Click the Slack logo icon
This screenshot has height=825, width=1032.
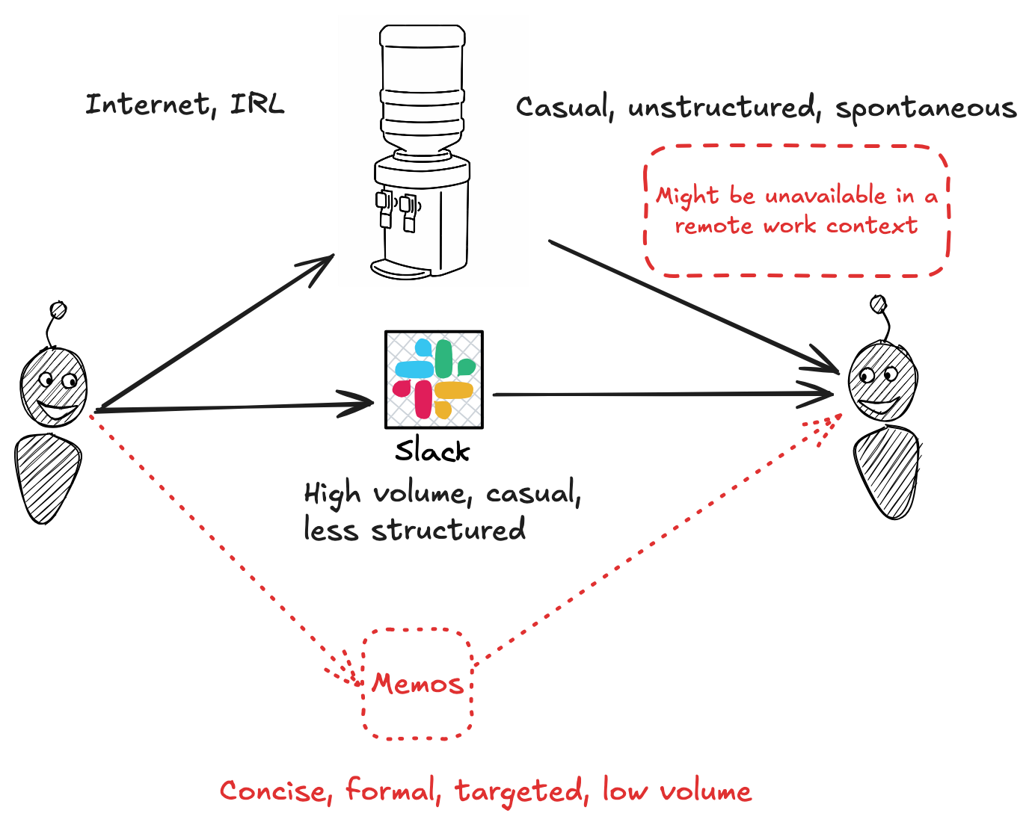(434, 380)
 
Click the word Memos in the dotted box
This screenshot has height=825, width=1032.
(417, 684)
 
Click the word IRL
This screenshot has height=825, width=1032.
(258, 104)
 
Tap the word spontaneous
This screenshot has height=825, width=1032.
(926, 109)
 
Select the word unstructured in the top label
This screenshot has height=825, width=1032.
(722, 108)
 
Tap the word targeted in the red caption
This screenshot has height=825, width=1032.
(520, 791)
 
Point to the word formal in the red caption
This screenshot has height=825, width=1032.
(391, 791)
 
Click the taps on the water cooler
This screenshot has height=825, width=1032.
(396, 209)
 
